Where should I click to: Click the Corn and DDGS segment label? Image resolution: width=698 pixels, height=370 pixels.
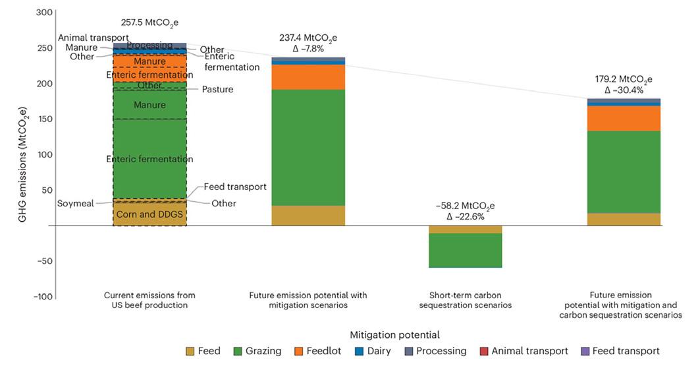[x=149, y=214]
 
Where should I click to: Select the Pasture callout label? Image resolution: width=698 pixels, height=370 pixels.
[x=217, y=89]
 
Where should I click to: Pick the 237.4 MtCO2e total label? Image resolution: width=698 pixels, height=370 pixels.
[x=308, y=38]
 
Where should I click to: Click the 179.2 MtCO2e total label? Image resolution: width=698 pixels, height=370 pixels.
[x=624, y=79]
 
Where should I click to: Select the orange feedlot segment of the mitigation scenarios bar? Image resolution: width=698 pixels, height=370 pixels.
[x=308, y=77]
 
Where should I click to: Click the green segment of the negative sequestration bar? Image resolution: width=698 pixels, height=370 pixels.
[x=465, y=250]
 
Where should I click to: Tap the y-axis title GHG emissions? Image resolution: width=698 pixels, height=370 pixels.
[x=24, y=154]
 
